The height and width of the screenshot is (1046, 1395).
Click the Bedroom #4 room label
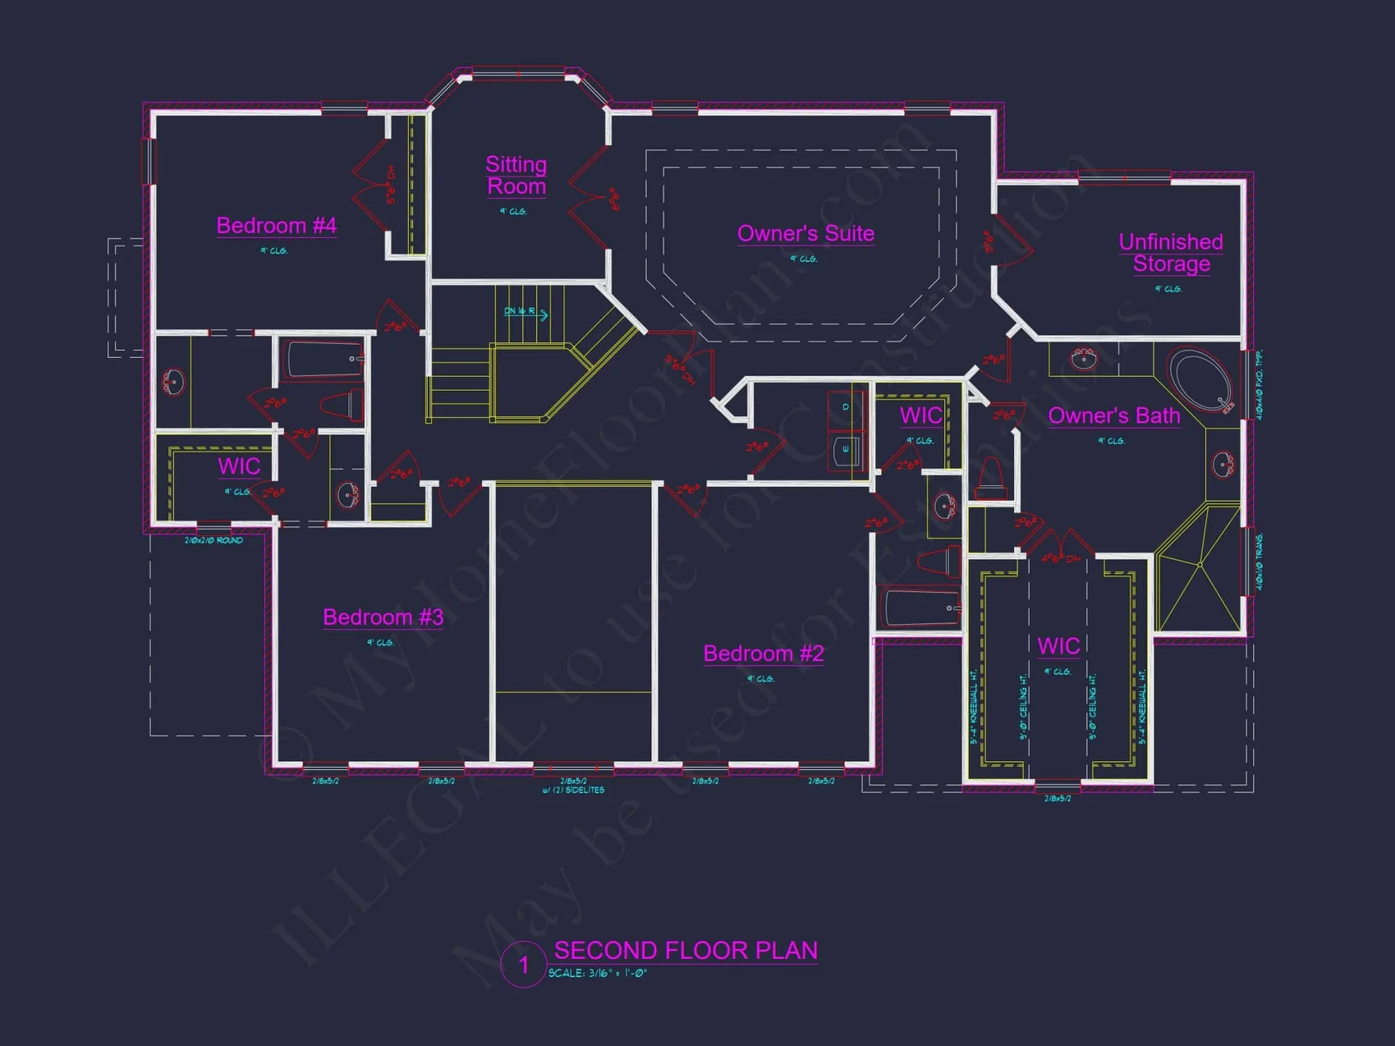click(x=276, y=225)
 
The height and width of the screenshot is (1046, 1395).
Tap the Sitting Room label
click(x=516, y=175)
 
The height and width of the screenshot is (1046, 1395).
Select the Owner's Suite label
click(x=806, y=233)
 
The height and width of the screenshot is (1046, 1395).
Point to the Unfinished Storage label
click(x=1171, y=252)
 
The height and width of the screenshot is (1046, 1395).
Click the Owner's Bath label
click(x=1114, y=416)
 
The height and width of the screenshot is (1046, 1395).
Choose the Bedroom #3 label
click(x=383, y=617)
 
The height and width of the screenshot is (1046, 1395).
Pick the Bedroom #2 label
click(x=763, y=653)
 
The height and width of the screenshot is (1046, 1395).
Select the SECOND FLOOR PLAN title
click(x=686, y=950)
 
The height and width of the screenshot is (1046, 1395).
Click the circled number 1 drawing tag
click(x=523, y=965)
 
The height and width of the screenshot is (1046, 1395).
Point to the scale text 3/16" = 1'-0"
click(x=598, y=973)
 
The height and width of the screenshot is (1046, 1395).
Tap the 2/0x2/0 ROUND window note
click(x=213, y=540)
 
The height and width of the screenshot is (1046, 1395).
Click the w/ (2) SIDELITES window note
click(x=573, y=790)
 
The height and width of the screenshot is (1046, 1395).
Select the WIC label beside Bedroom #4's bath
click(x=239, y=466)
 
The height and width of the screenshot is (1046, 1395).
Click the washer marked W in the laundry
click(x=845, y=449)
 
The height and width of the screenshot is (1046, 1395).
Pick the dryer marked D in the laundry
click(x=845, y=407)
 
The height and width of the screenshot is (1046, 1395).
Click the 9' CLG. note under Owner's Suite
click(x=804, y=259)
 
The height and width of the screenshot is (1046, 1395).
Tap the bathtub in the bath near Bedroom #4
click(x=322, y=358)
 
